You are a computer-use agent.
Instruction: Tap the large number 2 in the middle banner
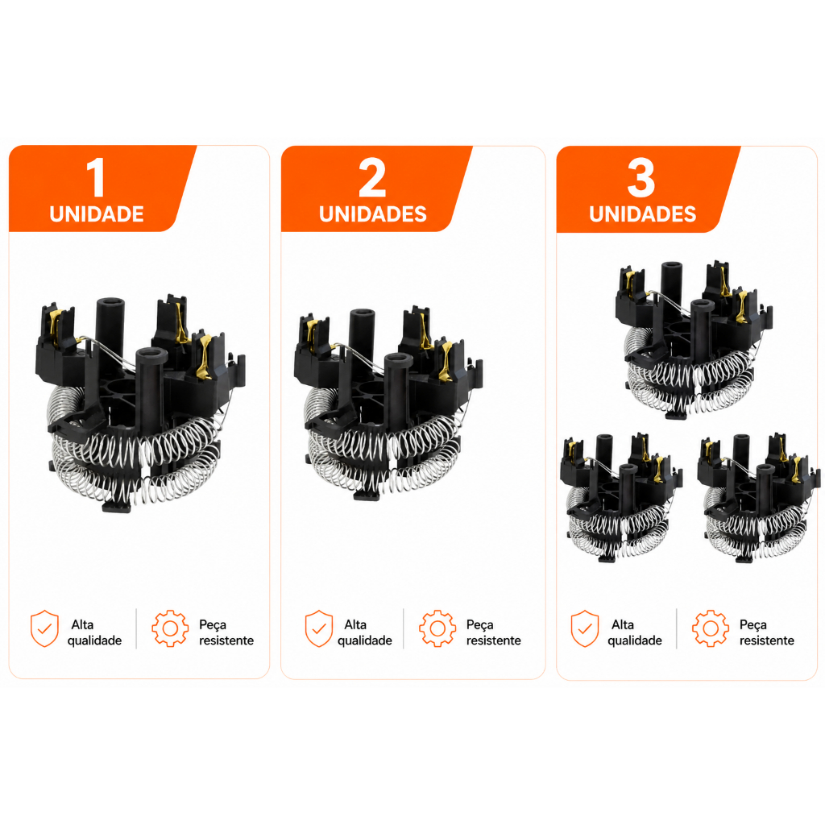[372, 177]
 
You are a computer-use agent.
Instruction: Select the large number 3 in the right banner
[641, 177]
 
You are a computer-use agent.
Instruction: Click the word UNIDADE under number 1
[97, 214]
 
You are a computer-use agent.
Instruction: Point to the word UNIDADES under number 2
[373, 214]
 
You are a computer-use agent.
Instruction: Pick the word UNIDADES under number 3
[642, 214]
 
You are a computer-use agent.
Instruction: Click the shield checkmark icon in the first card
[45, 628]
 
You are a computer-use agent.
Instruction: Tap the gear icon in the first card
[170, 628]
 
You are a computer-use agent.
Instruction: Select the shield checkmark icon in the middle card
[319, 628]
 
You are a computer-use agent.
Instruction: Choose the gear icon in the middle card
[437, 628]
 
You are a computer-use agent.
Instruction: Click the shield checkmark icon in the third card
[585, 628]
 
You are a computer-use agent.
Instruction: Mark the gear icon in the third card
[711, 628]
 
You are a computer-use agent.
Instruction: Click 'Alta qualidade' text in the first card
[95, 632]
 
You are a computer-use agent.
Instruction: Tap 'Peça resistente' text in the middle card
[494, 632]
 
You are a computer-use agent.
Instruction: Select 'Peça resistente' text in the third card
[767, 632]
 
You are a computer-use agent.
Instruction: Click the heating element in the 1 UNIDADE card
[140, 405]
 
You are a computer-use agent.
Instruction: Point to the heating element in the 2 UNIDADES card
[388, 404]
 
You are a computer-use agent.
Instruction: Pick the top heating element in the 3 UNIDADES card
[694, 340]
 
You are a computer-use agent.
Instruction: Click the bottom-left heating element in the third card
[621, 498]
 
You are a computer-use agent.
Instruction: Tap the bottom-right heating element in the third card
[759, 498]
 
